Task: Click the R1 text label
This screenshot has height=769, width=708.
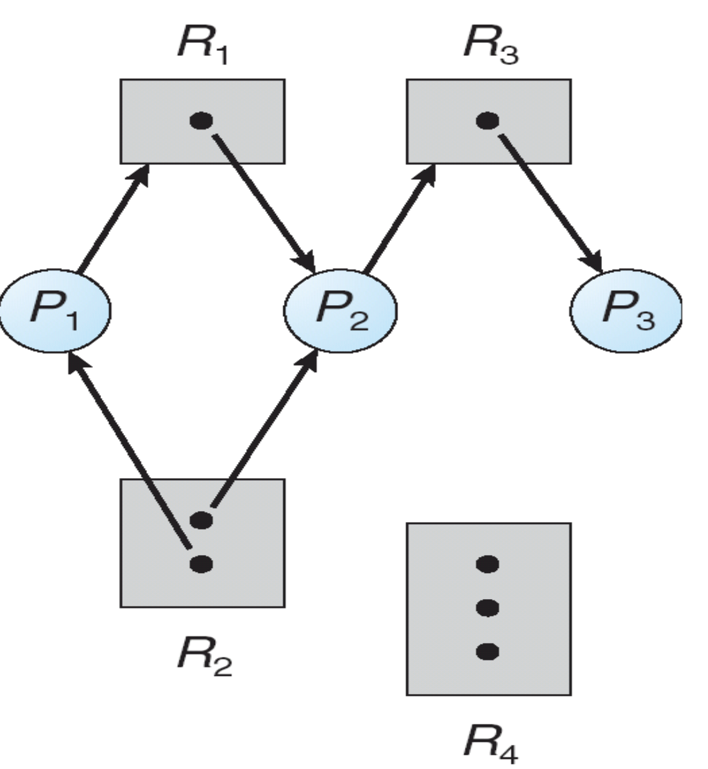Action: (202, 47)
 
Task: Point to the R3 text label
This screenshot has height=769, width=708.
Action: (490, 47)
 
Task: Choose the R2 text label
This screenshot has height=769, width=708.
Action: (203, 656)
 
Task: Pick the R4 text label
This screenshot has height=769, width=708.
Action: (490, 743)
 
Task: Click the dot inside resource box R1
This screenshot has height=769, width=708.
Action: (201, 120)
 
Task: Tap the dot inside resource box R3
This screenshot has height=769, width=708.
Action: (488, 120)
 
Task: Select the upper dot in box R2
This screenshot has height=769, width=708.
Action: (201, 520)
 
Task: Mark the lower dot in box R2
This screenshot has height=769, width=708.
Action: (201, 564)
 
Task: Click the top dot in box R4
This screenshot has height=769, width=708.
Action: (488, 564)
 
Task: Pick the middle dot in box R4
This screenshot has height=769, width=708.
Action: (488, 608)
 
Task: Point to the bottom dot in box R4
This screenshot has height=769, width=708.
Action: (488, 651)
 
